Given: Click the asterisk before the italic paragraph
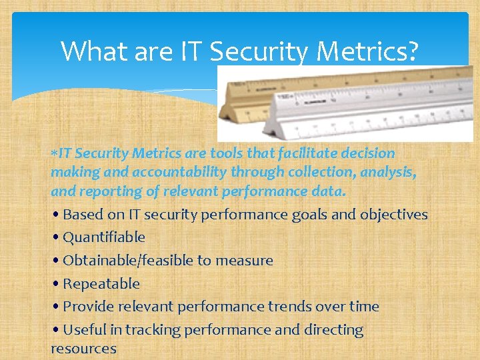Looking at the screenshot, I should (53, 153).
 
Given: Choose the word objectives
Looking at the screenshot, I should (393, 215).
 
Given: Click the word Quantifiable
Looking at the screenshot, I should (104, 237).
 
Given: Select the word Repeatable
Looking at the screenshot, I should (101, 284).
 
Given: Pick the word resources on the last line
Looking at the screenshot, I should (83, 349).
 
